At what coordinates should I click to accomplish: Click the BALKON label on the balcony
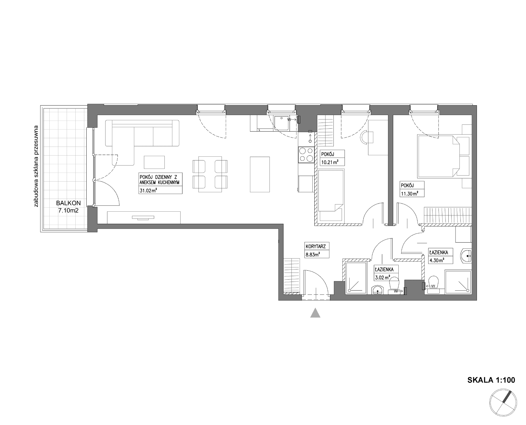point(68,203)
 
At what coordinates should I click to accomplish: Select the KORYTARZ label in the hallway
point(316,247)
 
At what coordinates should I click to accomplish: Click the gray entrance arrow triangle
point(315,313)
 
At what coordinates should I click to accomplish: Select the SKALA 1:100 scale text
point(491,380)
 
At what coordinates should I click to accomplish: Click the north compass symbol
point(503,402)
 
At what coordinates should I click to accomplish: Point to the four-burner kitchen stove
point(306,154)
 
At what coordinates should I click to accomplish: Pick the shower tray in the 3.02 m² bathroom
point(356,278)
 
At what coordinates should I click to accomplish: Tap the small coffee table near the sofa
point(154,162)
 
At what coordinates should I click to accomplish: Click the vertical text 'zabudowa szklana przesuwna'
point(36,166)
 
